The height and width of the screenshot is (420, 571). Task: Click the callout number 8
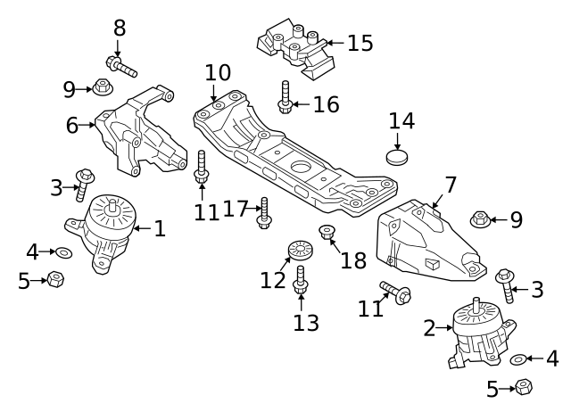[x=120, y=28]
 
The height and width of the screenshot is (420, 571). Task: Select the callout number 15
[x=360, y=42]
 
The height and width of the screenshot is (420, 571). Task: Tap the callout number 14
[x=401, y=120]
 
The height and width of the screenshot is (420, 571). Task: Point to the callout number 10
[x=218, y=72]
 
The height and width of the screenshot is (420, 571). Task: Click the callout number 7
[x=451, y=185]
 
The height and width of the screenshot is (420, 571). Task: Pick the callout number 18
[x=353, y=260]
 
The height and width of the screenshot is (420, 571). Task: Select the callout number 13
[x=306, y=322]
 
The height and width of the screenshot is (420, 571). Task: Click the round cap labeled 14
[x=397, y=159]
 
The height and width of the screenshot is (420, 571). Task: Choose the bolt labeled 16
[x=285, y=96]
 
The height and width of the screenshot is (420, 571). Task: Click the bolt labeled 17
[x=263, y=212]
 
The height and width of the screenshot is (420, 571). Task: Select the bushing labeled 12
[x=295, y=250]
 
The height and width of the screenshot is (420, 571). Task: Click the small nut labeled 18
[x=327, y=235]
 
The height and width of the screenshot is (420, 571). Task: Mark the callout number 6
[x=72, y=126]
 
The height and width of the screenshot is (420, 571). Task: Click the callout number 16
[x=326, y=104]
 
